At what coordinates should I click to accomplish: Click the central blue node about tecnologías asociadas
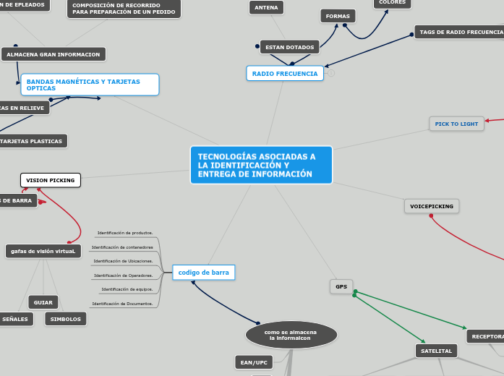click(x=261, y=165)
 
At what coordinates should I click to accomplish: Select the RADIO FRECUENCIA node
click(x=284, y=73)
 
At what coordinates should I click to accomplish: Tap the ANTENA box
click(x=267, y=8)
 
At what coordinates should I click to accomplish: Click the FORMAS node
click(x=338, y=16)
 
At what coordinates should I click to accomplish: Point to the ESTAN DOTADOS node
click(x=289, y=47)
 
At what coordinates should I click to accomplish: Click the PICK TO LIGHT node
click(x=456, y=124)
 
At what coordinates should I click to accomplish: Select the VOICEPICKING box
click(x=431, y=206)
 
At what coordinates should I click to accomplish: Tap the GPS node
click(x=341, y=286)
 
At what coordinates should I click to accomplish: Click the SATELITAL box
click(x=436, y=351)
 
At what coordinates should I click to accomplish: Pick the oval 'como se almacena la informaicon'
click(x=291, y=335)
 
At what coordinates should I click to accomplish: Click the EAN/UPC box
click(x=254, y=362)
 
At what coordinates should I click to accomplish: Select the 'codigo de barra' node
click(x=204, y=273)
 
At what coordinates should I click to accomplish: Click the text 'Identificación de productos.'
click(x=125, y=233)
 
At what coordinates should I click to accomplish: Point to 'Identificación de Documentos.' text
click(x=122, y=304)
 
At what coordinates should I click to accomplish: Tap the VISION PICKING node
click(x=50, y=180)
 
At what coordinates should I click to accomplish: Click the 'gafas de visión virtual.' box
click(x=43, y=251)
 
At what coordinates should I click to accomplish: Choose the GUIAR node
click(x=43, y=302)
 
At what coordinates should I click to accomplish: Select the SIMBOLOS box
click(x=66, y=319)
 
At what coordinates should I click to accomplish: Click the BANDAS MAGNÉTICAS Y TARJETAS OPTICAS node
click(x=90, y=85)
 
